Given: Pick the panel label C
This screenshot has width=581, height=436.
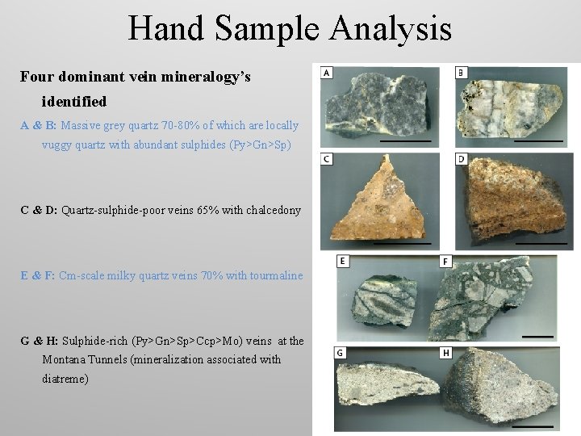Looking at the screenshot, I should pyautogui.click(x=327, y=159).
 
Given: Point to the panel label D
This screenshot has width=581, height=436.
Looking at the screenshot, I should pyautogui.click(x=462, y=159).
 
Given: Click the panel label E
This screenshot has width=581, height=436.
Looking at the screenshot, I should pyautogui.click(x=343, y=262).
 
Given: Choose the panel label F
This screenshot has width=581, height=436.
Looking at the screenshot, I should pyautogui.click(x=447, y=262).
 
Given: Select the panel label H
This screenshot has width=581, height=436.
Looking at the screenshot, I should pyautogui.click(x=447, y=353).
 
